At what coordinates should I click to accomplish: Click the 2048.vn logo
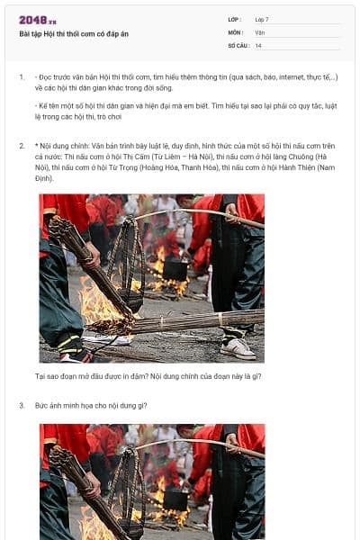tap(38, 20)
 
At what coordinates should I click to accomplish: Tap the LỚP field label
tap(235, 19)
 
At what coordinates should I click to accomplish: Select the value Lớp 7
tap(262, 19)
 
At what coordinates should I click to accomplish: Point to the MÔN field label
tap(236, 31)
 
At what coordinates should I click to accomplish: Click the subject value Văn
tap(260, 31)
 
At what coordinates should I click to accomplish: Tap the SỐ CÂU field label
tap(238, 44)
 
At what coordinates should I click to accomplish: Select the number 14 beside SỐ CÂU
tap(258, 44)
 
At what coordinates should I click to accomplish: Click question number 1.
tap(22, 77)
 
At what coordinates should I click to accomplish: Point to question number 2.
tap(22, 145)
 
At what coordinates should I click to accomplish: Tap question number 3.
tap(22, 405)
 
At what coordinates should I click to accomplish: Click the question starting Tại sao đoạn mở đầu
tap(148, 375)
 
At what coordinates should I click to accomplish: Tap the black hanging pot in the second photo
tap(175, 498)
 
